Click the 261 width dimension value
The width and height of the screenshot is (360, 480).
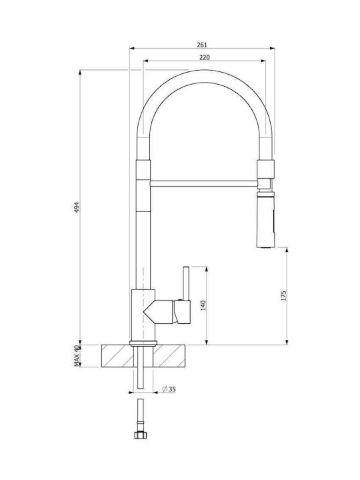202,45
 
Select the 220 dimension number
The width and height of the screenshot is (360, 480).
205,57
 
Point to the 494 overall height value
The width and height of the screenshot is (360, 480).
77,207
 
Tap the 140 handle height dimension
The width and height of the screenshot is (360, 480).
203,305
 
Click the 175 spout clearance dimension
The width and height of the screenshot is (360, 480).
283,295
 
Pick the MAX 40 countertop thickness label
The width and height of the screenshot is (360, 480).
77,356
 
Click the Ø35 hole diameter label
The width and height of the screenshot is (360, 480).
169,389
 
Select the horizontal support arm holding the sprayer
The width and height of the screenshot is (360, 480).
204,183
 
